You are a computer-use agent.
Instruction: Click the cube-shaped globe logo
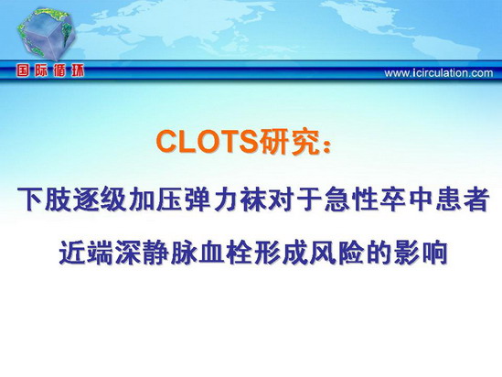coord(46,35)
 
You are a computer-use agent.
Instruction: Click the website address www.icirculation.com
coord(439,73)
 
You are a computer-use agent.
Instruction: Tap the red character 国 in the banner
coord(23,71)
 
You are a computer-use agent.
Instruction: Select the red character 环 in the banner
coord(78,71)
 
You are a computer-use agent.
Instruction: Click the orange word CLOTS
coord(208,142)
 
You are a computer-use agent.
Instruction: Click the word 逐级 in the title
coord(101,199)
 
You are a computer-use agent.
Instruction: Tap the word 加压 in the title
coord(156,199)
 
